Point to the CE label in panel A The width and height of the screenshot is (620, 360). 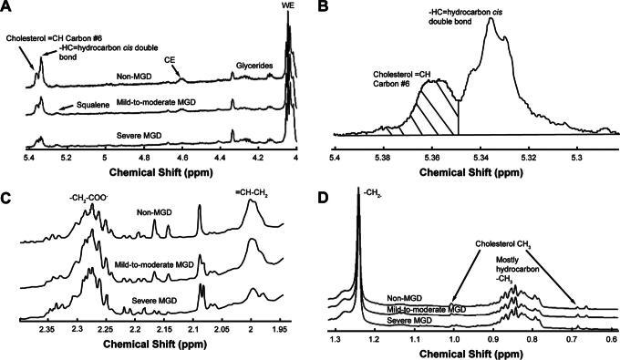tap(170, 60)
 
